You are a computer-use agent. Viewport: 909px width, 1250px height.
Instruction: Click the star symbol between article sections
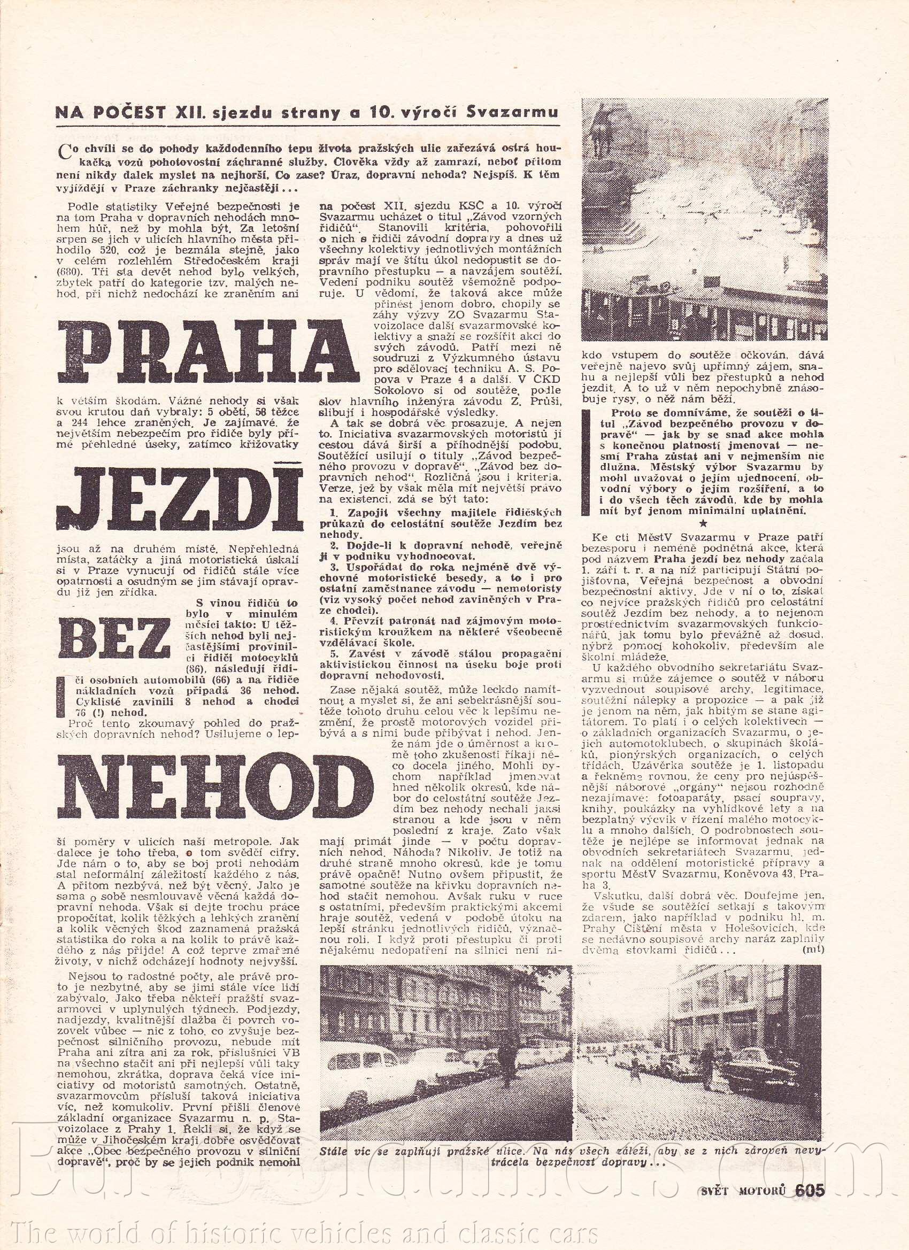(x=703, y=523)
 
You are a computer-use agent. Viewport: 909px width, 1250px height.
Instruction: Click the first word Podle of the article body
(x=83, y=207)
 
